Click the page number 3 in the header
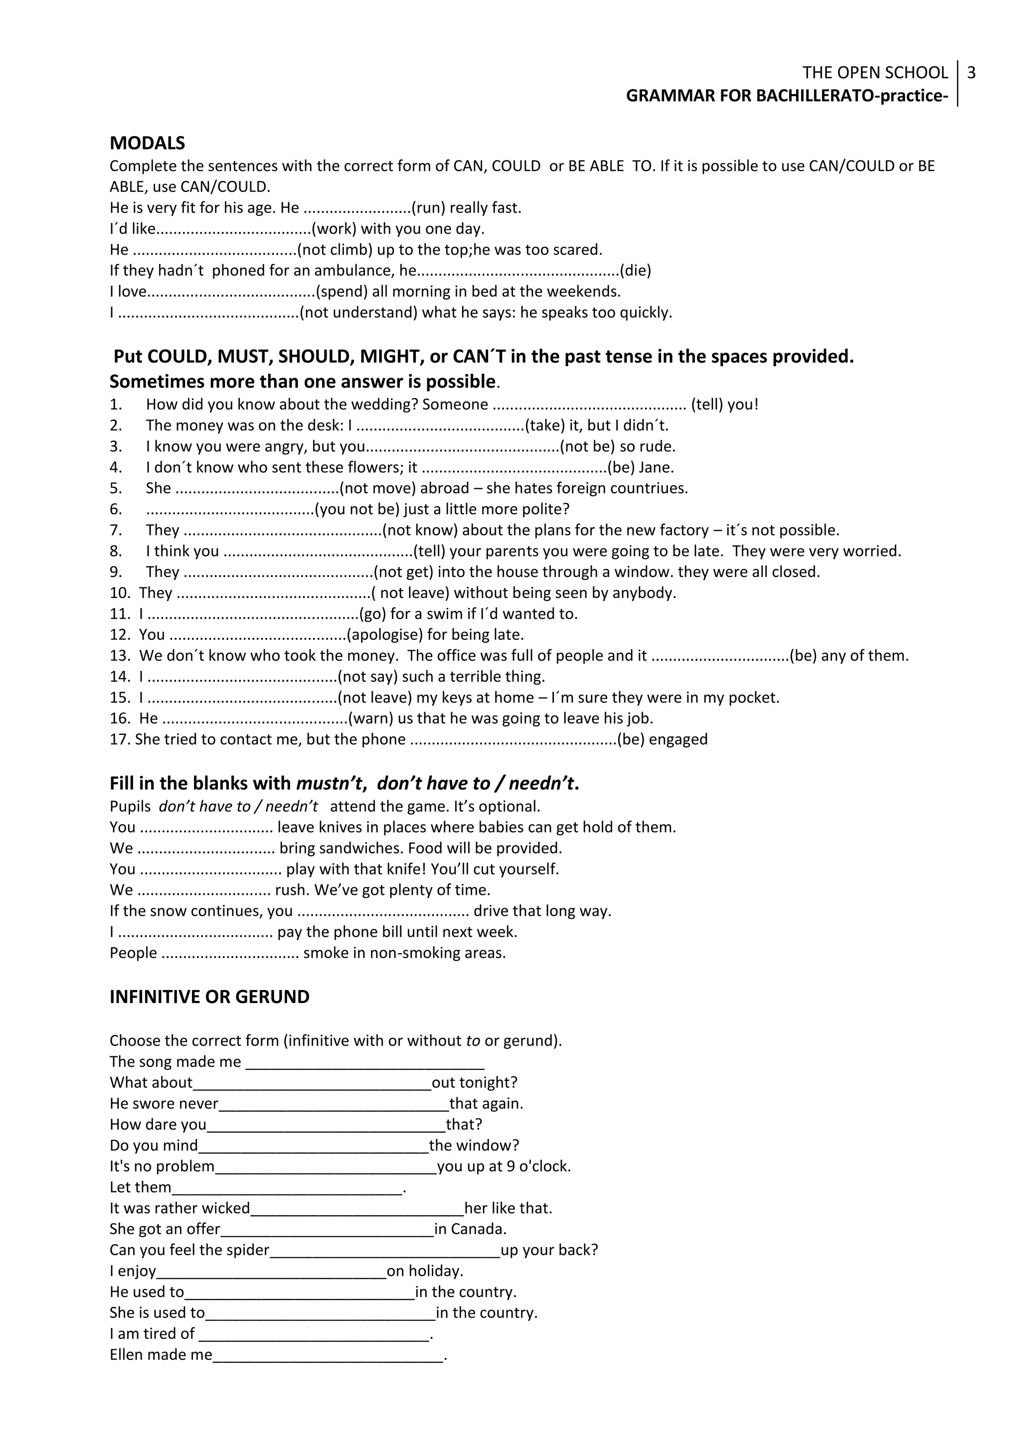tap(971, 73)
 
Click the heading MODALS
tap(147, 144)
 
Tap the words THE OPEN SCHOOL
tap(874, 73)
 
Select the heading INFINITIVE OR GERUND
tap(209, 997)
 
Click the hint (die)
tap(635, 271)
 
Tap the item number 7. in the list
tap(116, 531)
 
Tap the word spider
tap(246, 1250)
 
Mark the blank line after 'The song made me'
tap(364, 1062)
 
